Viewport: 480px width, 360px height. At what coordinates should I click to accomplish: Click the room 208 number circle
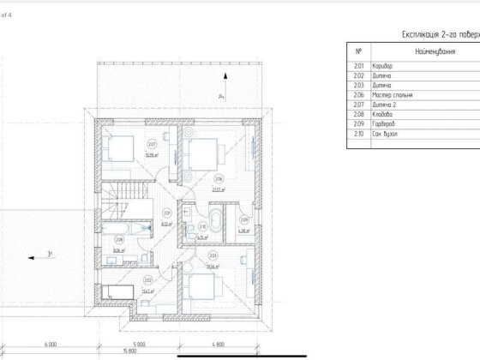click(x=117, y=240)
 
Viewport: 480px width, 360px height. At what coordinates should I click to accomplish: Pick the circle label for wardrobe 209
click(x=244, y=219)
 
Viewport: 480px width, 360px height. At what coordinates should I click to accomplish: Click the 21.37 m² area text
click(x=219, y=189)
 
